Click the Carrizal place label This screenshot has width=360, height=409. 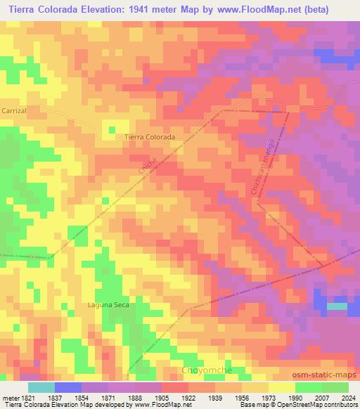pos(13,111)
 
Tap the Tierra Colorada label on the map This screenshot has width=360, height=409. pos(148,138)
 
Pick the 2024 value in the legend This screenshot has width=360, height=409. pos(348,397)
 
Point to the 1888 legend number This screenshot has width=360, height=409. pos(135,397)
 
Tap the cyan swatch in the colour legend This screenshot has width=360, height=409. pos(41,387)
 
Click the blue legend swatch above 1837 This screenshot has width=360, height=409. pos(68,387)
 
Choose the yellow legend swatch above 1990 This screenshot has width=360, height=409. pos(282,387)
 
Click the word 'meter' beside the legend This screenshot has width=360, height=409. pos(9,397)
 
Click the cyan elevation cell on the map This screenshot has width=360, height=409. pos(337,306)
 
